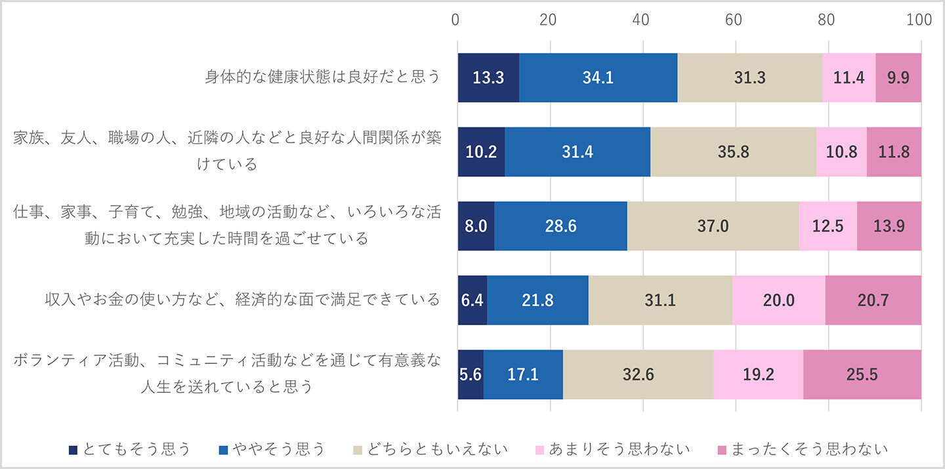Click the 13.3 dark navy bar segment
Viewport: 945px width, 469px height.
tap(488, 78)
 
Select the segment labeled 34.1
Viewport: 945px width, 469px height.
tap(598, 78)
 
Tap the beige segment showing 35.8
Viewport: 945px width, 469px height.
tap(733, 152)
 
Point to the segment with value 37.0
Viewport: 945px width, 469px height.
tap(713, 226)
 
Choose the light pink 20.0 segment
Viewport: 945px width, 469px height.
tap(778, 300)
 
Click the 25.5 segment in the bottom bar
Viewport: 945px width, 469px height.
tap(862, 374)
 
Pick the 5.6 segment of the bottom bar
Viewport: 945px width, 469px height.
tap(471, 374)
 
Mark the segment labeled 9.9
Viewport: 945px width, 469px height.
tap(898, 78)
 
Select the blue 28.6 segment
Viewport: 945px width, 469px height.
tap(560, 226)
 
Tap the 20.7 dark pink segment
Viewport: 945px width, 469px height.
tap(873, 300)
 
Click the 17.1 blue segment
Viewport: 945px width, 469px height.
tap(523, 374)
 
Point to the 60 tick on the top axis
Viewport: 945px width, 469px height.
tap(734, 20)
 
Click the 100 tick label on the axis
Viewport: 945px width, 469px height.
tap(918, 20)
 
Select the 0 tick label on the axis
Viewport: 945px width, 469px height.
tap(456, 20)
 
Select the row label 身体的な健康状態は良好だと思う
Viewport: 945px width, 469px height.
tap(322, 78)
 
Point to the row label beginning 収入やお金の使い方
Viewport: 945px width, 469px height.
tap(242, 300)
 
